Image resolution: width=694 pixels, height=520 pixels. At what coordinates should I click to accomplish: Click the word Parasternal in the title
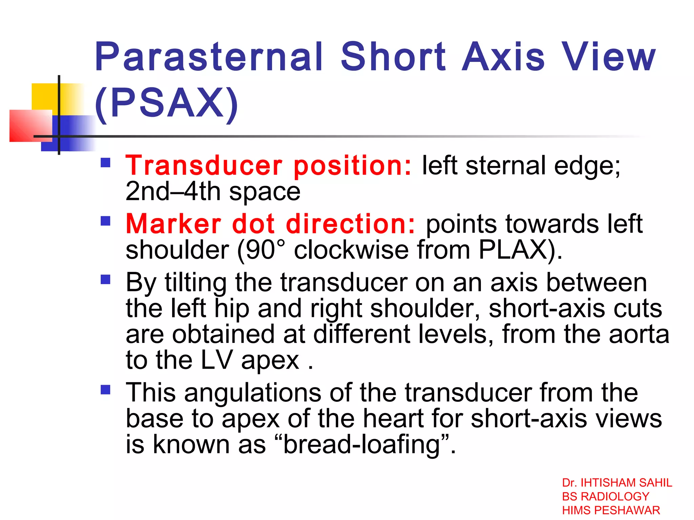(208, 57)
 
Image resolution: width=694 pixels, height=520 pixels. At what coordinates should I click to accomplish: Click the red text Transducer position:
(269, 166)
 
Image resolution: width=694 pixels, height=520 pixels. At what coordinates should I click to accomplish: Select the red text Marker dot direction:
(270, 224)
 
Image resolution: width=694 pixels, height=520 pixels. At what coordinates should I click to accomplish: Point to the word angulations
(252, 393)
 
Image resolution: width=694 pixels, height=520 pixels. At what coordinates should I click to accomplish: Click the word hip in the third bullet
(232, 309)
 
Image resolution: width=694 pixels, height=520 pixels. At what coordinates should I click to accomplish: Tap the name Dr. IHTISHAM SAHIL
(617, 483)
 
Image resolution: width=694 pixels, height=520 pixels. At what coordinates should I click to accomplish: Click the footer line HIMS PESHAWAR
(611, 510)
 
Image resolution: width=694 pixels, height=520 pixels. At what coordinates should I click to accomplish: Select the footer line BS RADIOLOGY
(606, 496)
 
